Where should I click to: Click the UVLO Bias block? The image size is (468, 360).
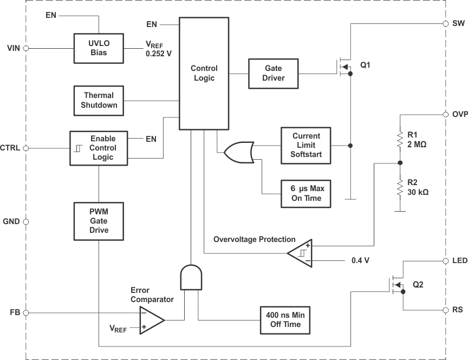[x=99, y=48]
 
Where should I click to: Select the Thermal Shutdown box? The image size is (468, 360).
[x=99, y=100]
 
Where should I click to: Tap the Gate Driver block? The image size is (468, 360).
[x=274, y=73]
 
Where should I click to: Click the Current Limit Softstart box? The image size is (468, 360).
[x=306, y=146]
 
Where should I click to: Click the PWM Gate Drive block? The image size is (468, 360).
[x=99, y=221]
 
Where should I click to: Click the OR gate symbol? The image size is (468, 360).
[x=239, y=153]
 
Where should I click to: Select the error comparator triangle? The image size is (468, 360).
[x=152, y=320]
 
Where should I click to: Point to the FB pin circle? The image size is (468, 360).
[x=25, y=312]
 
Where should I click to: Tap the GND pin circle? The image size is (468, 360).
[x=25, y=221]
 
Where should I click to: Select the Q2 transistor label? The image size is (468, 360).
[x=419, y=284]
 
